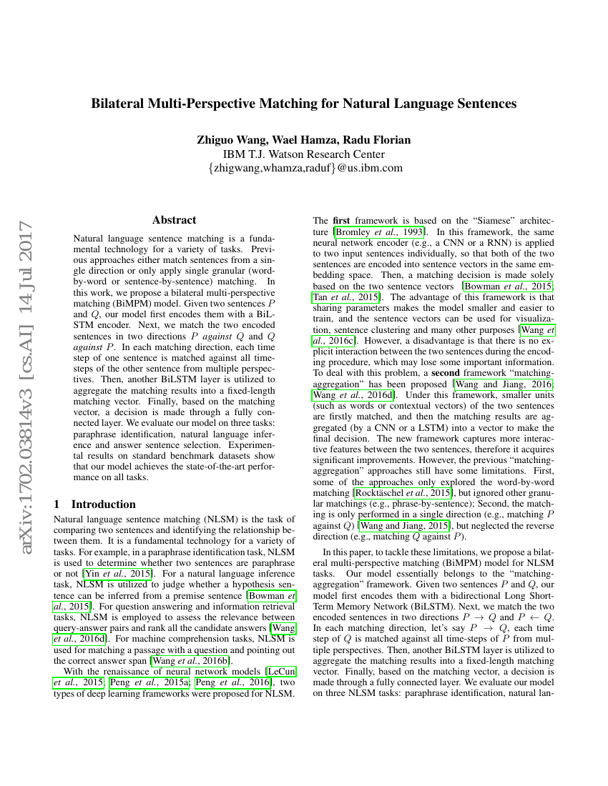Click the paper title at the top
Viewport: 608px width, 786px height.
coord(303,103)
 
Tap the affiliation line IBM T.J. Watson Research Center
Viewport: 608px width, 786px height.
coord(303,154)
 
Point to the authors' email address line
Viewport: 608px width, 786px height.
coord(303,169)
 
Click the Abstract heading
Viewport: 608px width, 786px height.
coord(174,220)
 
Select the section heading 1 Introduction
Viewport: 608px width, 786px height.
coord(94,504)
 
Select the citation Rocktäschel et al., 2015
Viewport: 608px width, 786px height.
coord(402,492)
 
